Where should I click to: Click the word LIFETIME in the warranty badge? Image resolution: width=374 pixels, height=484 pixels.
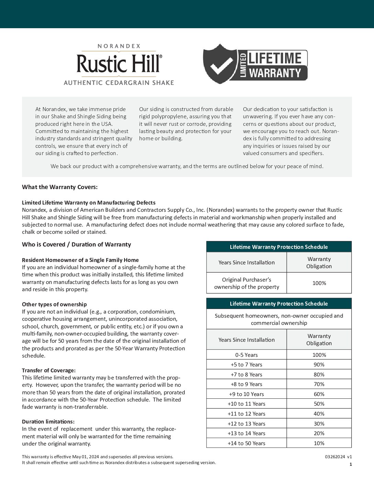pos(275,58)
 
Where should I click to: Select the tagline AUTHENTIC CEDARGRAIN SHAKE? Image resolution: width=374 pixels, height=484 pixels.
pos(119,83)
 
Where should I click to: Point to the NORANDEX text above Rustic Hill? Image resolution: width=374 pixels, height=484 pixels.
pos(119,46)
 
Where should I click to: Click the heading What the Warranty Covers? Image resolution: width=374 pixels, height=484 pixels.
pos(60,187)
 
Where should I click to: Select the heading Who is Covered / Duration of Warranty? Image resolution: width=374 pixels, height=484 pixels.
pos(76,244)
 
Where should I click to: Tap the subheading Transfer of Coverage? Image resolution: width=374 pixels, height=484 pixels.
pos(49,370)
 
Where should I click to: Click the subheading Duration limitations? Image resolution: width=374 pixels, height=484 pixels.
pos(48,421)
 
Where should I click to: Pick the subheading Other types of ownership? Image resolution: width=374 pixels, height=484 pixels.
pos(54,304)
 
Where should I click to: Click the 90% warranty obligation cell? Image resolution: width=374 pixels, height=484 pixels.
pos(319,364)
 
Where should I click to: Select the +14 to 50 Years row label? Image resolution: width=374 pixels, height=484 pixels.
pos(246,443)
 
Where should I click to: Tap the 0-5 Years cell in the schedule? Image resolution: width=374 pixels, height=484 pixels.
pos(246,355)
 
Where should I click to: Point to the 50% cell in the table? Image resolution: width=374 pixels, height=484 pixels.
pos(319,404)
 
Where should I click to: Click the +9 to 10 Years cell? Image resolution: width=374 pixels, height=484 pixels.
pos(246,394)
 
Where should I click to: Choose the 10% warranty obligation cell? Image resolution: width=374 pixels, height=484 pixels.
pos(319,443)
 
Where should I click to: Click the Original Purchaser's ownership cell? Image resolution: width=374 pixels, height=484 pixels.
pos(246,283)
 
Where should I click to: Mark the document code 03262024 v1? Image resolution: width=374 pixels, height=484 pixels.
pos(338,457)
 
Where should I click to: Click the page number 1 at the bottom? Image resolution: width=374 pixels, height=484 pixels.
pos(351,464)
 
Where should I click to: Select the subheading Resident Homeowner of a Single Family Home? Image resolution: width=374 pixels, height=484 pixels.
pos(80,260)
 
